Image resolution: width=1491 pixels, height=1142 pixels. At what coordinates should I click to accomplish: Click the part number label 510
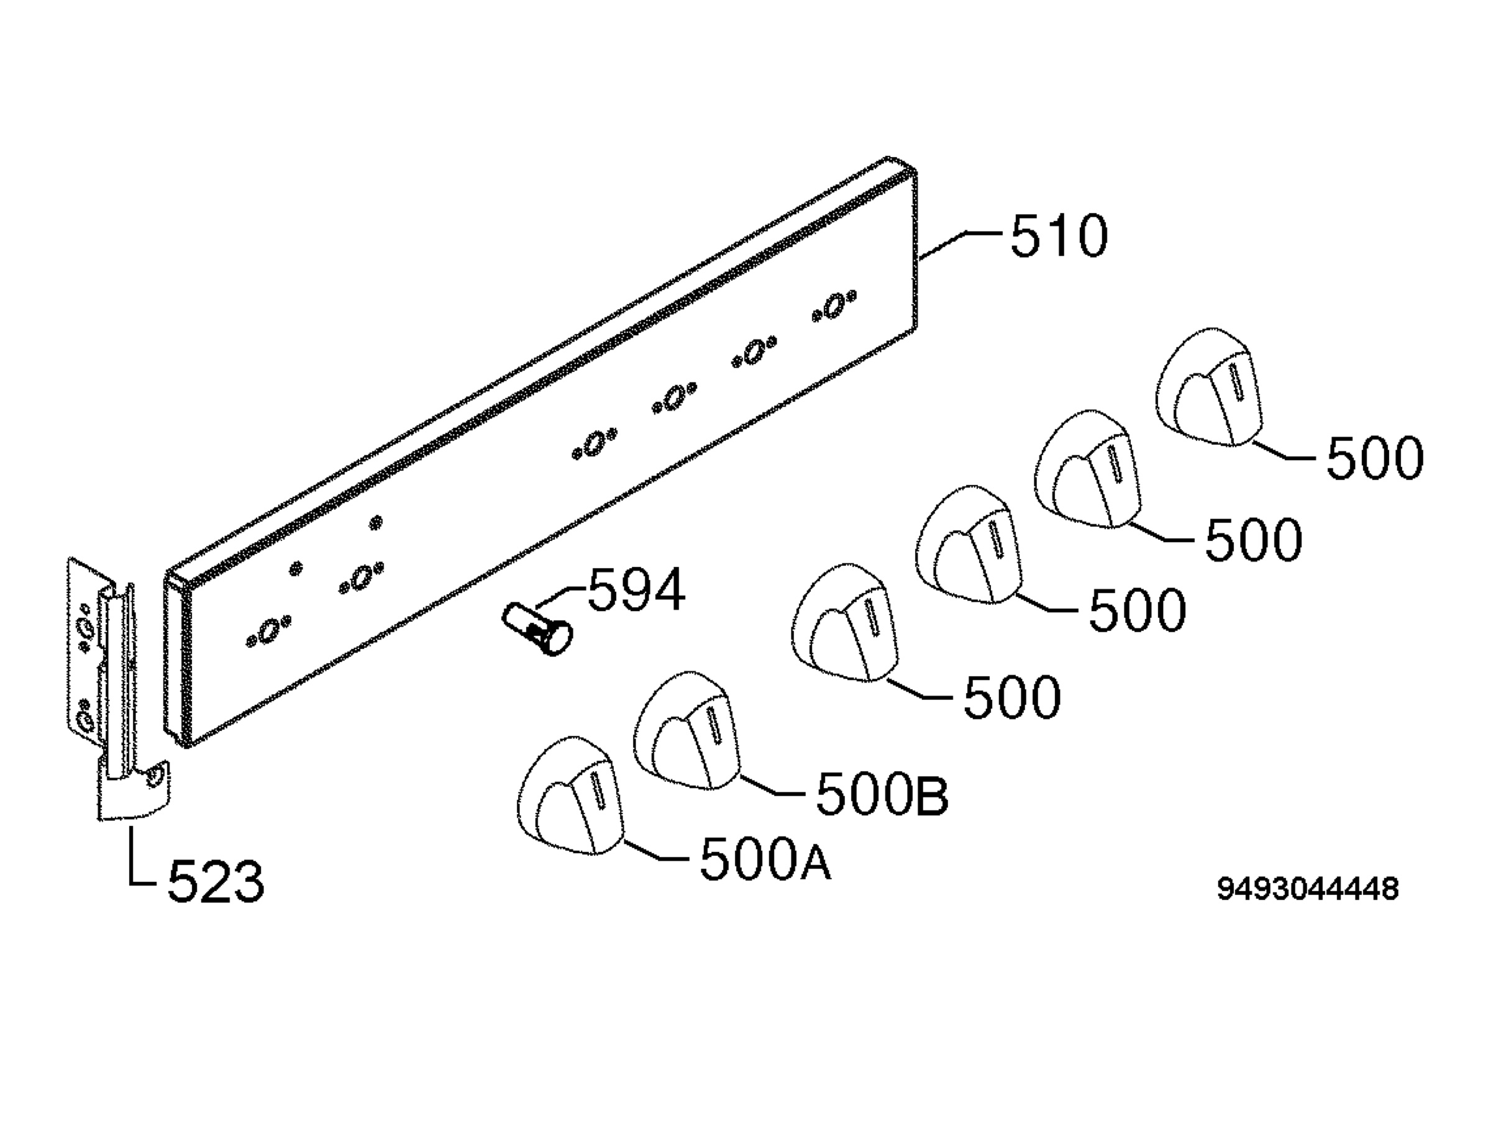[x=1059, y=236]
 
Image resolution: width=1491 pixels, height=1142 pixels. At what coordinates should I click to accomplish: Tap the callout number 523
[x=216, y=881]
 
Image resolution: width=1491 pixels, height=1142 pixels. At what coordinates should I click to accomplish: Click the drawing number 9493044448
[x=1308, y=889]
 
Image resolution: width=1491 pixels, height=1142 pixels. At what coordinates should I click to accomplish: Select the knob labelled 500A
[x=570, y=795]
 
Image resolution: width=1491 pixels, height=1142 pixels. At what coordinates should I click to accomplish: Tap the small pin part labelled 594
[x=537, y=629]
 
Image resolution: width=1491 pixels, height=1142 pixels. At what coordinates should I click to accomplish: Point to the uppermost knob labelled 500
[x=1209, y=387]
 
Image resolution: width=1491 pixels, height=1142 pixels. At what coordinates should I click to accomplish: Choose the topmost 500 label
[x=1375, y=458]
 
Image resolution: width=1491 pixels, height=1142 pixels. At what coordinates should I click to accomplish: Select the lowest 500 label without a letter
[x=1011, y=697]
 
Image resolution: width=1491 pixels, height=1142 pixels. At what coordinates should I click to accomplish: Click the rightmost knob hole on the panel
[x=834, y=306]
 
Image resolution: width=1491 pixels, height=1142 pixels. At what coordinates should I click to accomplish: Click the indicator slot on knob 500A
[x=598, y=790]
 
